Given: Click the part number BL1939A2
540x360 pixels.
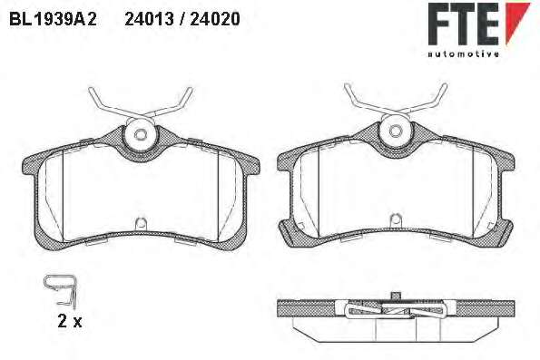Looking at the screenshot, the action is click(53, 19).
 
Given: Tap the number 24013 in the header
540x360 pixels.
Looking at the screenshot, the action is click(149, 19).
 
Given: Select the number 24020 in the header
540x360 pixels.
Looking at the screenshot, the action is click(215, 19).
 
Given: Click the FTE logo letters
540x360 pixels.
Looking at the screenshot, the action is click(464, 24).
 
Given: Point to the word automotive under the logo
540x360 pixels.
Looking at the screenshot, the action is click(464, 54).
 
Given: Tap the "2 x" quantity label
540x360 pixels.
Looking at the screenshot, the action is click(70, 322).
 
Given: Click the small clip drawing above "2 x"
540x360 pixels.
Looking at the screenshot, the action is click(61, 290).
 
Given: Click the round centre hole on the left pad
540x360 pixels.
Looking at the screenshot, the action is click(140, 134).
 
